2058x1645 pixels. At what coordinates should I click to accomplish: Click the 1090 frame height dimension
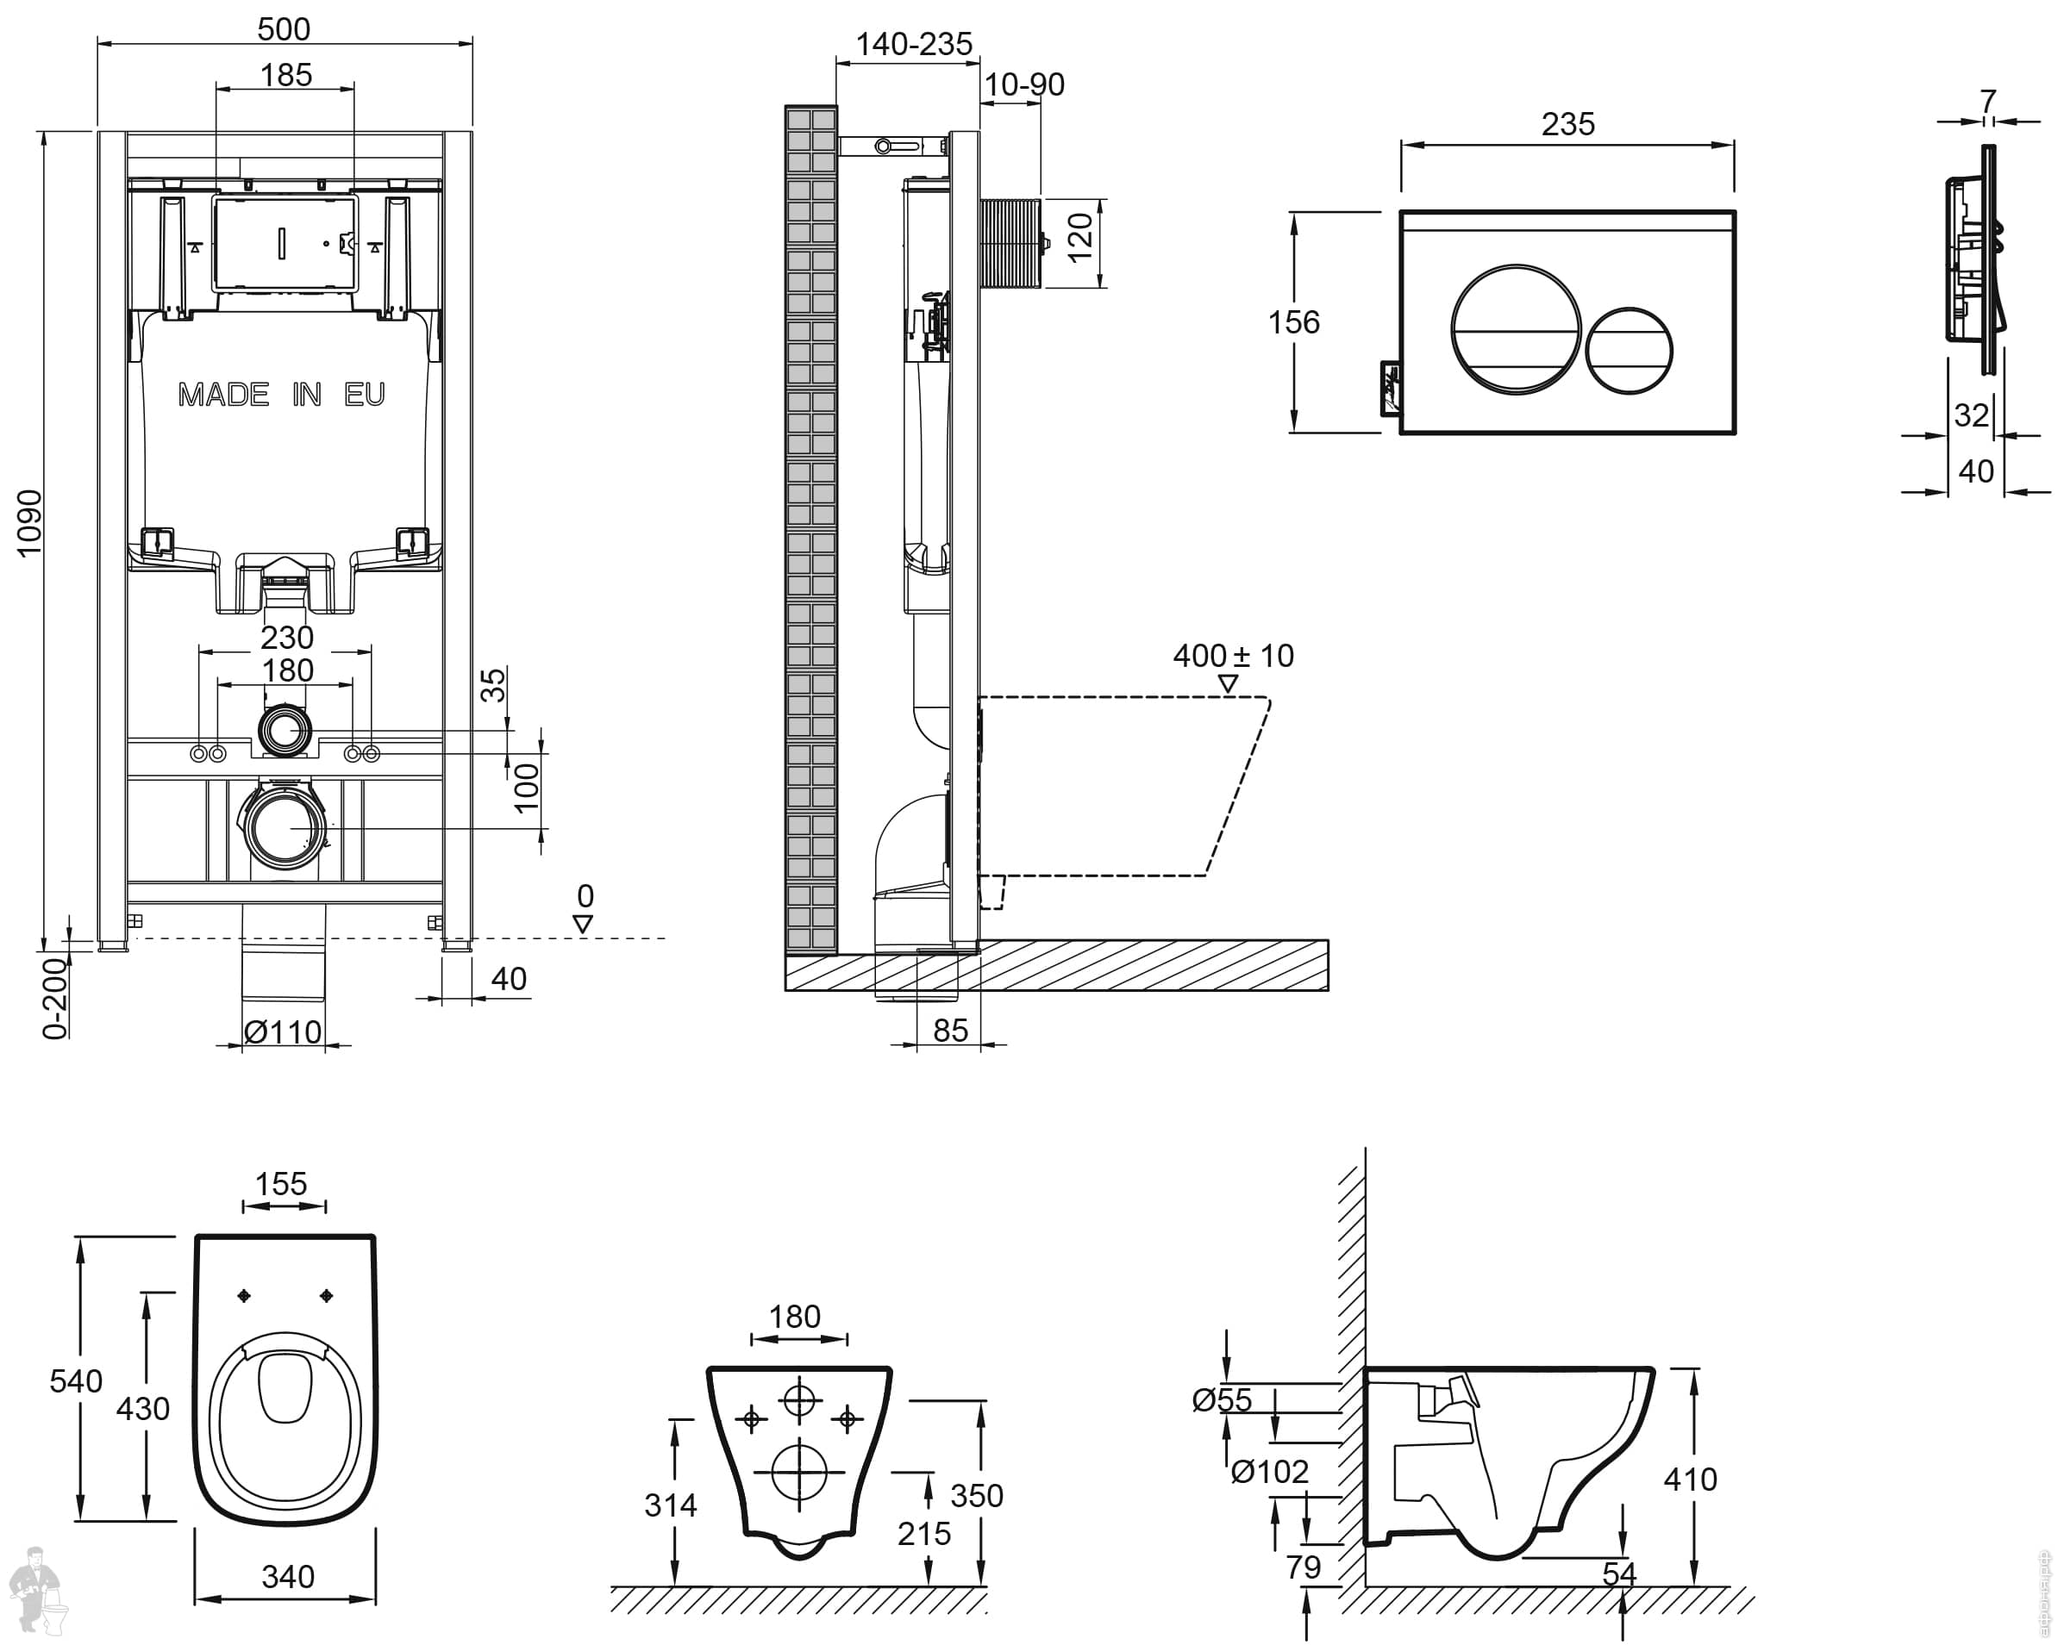(x=29, y=522)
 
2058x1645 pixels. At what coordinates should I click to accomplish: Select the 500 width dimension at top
(x=285, y=28)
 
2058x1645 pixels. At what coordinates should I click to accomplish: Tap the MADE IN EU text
(x=282, y=394)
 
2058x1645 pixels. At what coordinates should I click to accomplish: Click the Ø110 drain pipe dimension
(x=284, y=1031)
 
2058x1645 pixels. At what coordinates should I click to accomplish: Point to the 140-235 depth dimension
(x=914, y=44)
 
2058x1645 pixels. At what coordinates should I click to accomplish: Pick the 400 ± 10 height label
(x=1233, y=656)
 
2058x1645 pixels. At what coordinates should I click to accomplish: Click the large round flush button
(x=1515, y=330)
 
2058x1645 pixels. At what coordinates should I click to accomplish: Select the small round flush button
(x=1630, y=350)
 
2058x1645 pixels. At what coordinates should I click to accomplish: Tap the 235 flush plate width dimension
(x=1568, y=124)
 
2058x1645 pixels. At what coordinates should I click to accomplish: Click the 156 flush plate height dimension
(x=1294, y=322)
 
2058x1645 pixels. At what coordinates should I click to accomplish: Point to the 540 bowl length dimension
(x=77, y=1380)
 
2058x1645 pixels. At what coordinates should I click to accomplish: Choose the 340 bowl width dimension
(x=288, y=1576)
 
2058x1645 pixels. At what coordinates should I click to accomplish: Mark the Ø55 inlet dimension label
(x=1222, y=1399)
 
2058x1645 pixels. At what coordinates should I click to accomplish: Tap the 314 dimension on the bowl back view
(x=671, y=1505)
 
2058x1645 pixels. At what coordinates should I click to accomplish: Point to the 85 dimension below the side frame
(x=951, y=1031)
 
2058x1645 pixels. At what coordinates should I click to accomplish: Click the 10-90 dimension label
(x=1024, y=85)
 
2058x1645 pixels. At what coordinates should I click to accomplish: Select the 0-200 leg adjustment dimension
(x=55, y=997)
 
